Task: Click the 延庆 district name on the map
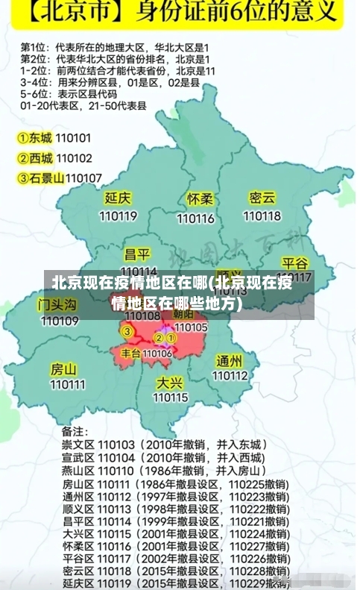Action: [x=119, y=198]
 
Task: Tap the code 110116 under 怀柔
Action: [x=195, y=219]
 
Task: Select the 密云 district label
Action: [x=262, y=198]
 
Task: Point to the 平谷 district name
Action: [x=295, y=263]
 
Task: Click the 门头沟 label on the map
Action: [x=57, y=304]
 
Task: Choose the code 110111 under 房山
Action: [x=67, y=385]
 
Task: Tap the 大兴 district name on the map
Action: [x=170, y=382]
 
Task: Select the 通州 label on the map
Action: [x=230, y=360]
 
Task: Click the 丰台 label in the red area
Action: [x=130, y=353]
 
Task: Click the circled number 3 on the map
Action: [x=127, y=331]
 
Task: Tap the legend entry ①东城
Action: [x=35, y=138]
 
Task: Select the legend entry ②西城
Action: [x=35, y=158]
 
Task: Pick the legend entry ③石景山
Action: [x=40, y=178]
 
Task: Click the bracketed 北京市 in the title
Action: [x=66, y=14]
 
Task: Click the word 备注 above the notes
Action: [x=73, y=431]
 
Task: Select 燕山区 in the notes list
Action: [x=78, y=471]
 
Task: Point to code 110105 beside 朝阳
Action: [x=191, y=327]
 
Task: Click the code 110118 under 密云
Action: [x=262, y=216]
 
